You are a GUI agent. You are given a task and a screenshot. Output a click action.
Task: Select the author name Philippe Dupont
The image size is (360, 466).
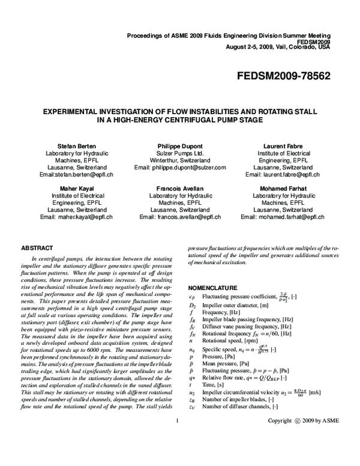point(179,146)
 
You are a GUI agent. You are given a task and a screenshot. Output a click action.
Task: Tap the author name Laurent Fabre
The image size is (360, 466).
point(283,146)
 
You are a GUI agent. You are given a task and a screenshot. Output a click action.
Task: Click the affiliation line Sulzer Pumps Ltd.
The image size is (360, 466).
point(179,153)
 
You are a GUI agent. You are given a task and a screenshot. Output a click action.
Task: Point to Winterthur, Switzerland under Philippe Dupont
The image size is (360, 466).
point(179,160)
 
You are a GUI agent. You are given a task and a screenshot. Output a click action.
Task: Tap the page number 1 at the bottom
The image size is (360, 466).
point(178,455)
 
